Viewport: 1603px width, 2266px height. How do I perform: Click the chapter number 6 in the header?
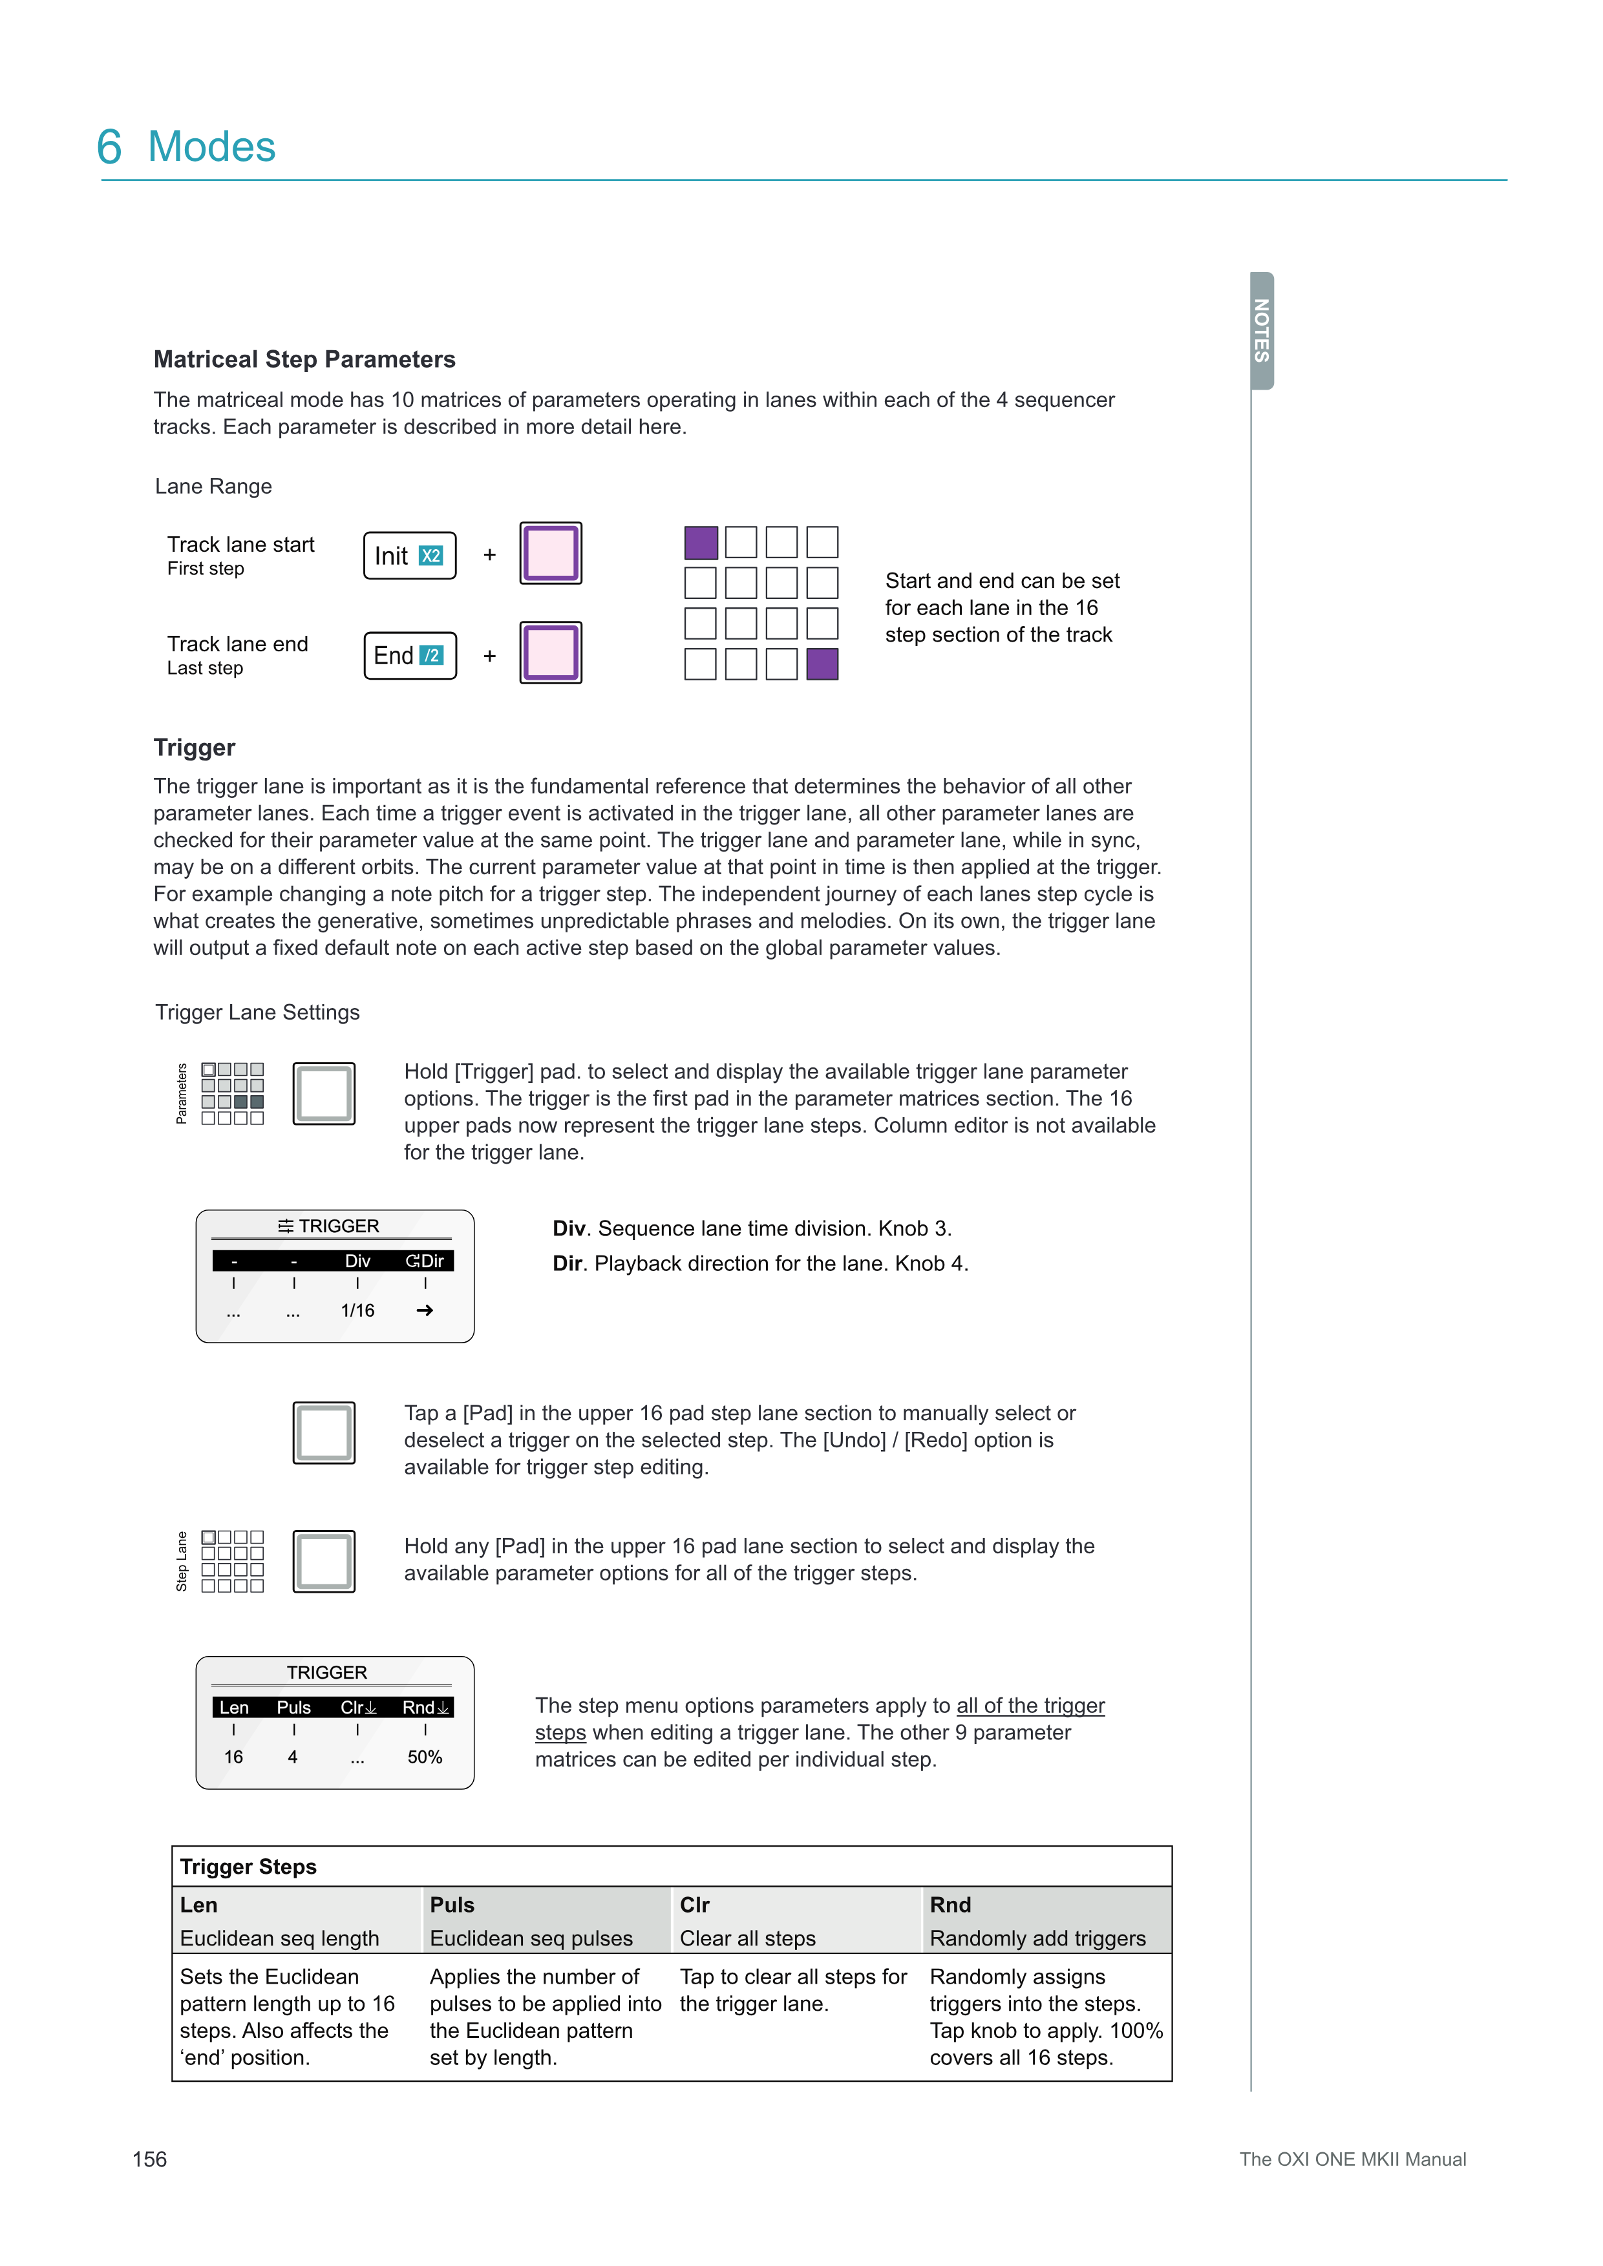coord(110,148)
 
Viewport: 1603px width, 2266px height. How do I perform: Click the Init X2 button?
coord(410,556)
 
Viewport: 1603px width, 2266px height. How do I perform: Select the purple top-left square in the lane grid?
coord(701,543)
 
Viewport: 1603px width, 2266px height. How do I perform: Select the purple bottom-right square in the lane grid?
coord(822,664)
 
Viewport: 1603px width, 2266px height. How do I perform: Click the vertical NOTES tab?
coord(1262,331)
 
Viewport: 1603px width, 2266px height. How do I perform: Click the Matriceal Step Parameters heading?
coord(304,359)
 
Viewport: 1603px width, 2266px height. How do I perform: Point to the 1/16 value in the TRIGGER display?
coord(357,1310)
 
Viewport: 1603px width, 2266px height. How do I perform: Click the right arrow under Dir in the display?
coord(425,1310)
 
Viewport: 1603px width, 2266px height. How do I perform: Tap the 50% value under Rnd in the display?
coord(425,1757)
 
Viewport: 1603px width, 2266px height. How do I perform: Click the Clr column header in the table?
coord(695,1905)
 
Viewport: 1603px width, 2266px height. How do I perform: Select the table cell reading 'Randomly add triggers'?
coord(1037,1939)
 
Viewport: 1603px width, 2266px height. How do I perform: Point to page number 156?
coord(150,2159)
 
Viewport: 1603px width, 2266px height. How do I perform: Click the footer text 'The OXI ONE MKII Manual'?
coord(1352,2159)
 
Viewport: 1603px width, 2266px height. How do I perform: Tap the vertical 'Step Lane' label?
coord(182,1561)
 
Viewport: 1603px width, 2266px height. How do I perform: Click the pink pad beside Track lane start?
coord(551,554)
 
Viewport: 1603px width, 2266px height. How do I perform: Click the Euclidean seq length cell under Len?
coord(279,1939)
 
